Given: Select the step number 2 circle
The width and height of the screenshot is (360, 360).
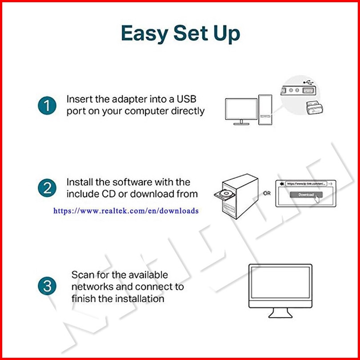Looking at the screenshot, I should coord(47,188).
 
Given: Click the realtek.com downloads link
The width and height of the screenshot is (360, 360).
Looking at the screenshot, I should coord(126,211).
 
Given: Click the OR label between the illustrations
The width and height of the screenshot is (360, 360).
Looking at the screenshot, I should coord(267,193).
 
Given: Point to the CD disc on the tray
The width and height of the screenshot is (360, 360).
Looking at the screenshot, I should coord(227,194).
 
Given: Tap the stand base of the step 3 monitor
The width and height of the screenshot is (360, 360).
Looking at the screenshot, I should coord(280,315).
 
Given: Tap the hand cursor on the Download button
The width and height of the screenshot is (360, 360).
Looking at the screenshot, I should coord(317,198).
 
